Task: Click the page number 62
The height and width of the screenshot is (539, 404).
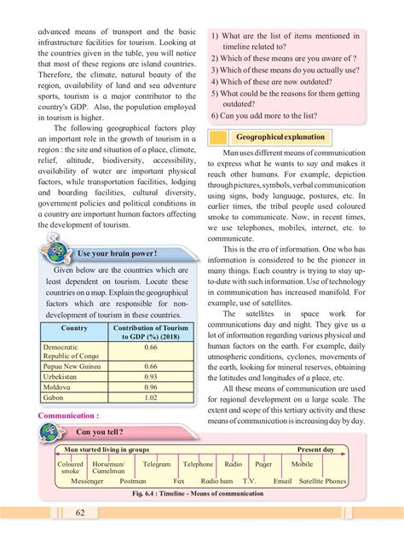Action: (79, 512)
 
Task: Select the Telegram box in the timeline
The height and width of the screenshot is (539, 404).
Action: (157, 465)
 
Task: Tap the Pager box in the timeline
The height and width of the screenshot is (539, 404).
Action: (263, 465)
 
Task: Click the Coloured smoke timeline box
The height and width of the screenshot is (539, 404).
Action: (71, 467)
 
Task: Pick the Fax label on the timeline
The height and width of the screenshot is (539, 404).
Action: (179, 481)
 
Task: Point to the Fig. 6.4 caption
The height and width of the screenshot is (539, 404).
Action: (202, 494)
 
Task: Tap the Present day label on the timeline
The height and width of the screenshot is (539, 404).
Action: (315, 449)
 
